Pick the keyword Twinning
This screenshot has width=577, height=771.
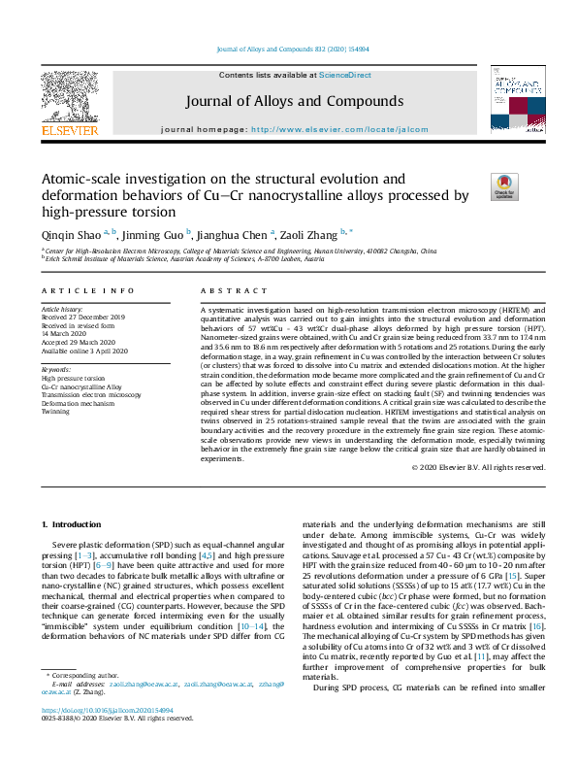coord(55,411)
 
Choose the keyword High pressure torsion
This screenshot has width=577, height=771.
coord(73,378)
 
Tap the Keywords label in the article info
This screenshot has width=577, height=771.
coord(56,370)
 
